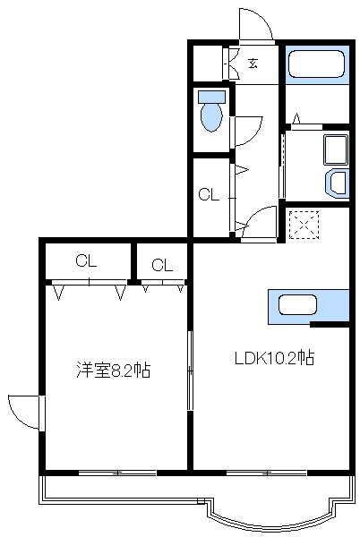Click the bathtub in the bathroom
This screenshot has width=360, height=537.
[314, 64]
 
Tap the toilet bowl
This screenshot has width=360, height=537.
[212, 114]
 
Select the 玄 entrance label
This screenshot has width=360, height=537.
[253, 64]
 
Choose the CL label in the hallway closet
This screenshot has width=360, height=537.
[208, 194]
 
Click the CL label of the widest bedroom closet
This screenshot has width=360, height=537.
[86, 261]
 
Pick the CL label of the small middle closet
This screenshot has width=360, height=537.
[161, 264]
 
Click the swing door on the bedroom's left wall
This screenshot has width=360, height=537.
[24, 412]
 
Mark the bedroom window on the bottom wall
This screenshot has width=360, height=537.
[116, 471]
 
